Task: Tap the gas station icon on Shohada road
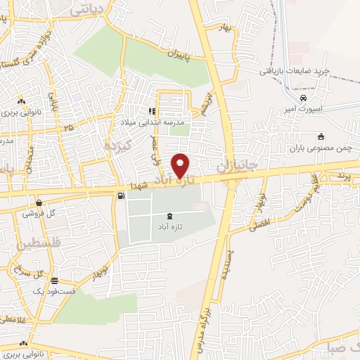123,195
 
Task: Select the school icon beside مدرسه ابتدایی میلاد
152,110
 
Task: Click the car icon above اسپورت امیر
303,98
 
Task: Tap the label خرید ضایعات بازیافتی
295,71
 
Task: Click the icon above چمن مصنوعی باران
321,136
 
